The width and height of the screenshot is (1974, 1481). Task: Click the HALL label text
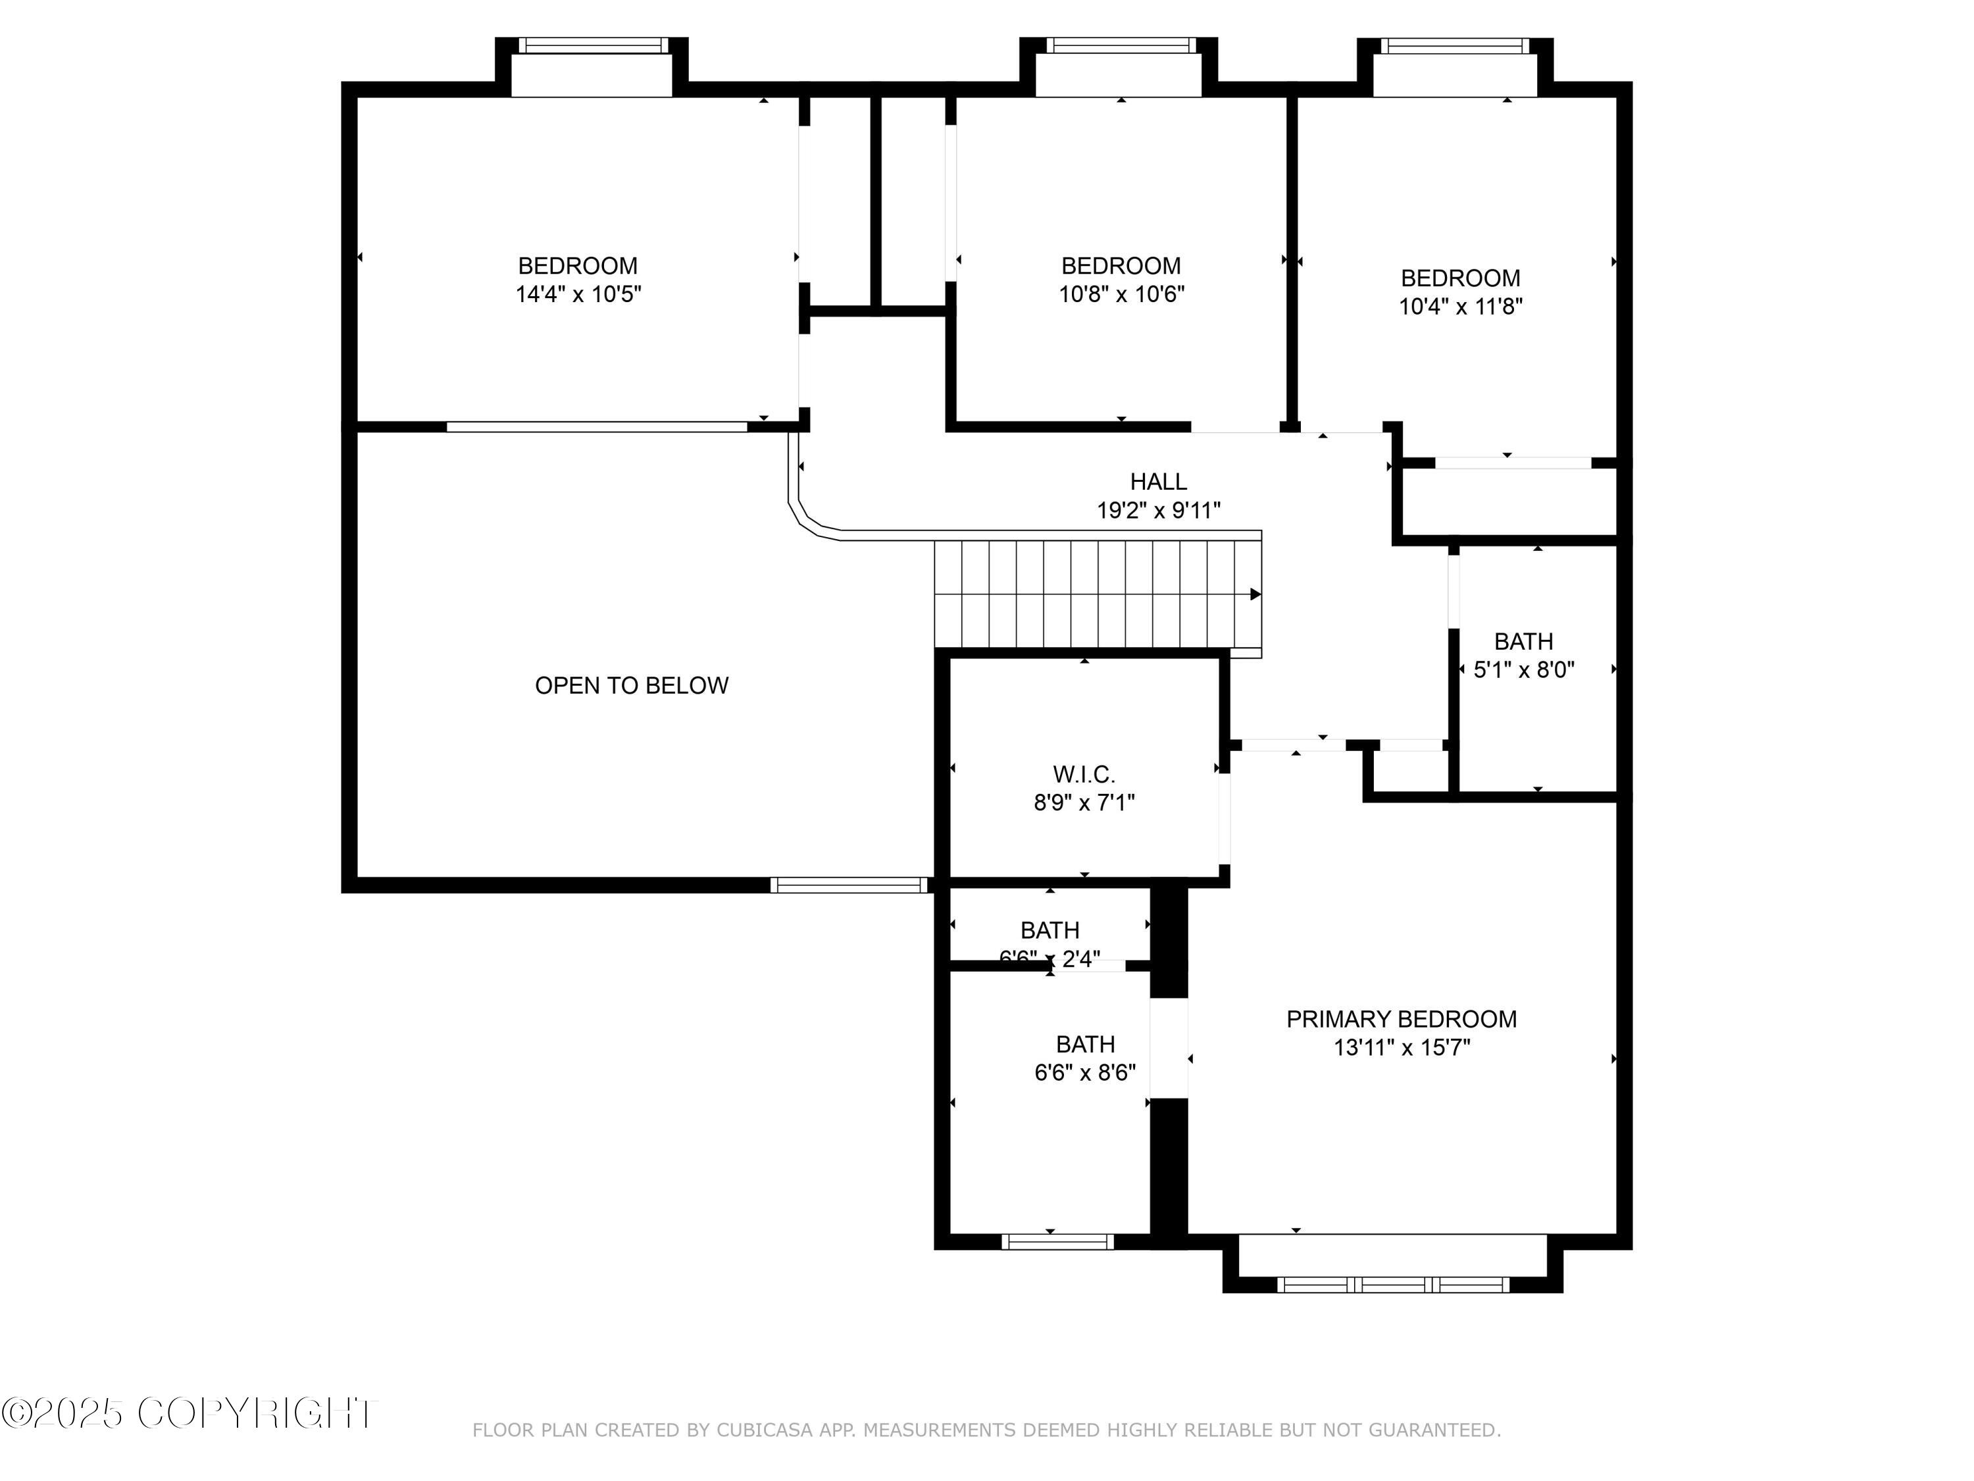(1157, 482)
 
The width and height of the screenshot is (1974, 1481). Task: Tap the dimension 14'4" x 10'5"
(578, 295)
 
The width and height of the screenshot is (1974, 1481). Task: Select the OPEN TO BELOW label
(632, 686)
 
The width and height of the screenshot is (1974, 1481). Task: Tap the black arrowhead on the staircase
(1255, 594)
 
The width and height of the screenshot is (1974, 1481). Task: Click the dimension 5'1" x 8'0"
(1523, 669)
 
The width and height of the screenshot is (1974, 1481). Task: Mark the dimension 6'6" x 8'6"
(1084, 1072)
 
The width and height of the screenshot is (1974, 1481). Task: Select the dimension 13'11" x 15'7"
(1401, 1047)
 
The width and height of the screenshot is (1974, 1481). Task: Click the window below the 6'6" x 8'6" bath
(1057, 1242)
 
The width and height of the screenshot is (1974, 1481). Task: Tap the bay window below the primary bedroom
(1393, 1285)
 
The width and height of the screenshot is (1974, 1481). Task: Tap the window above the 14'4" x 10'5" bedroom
(593, 45)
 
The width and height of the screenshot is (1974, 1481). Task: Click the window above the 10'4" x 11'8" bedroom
(1455, 45)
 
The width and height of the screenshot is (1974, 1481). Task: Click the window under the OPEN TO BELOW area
(849, 885)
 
